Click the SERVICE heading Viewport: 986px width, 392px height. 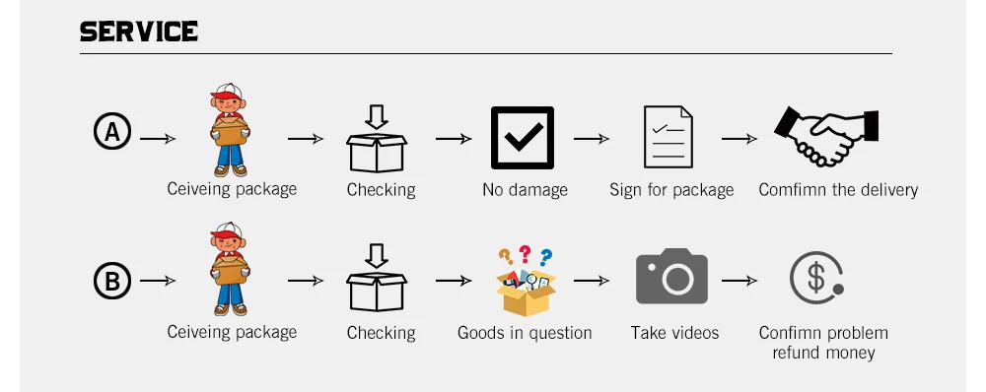(139, 32)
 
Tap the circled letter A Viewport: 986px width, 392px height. (112, 132)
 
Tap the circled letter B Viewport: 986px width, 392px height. (112, 281)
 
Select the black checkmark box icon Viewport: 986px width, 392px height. (523, 138)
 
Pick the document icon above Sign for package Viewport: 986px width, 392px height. (668, 137)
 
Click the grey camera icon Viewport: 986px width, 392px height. (671, 277)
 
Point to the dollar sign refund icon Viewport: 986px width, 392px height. (816, 279)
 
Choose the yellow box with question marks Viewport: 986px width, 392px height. (526, 281)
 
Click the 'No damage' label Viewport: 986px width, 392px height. (526, 190)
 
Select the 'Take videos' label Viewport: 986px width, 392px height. (674, 332)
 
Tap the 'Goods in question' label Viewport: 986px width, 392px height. (525, 333)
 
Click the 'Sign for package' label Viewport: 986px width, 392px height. (671, 190)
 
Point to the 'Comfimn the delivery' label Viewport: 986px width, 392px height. (838, 190)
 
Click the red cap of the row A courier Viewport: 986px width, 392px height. (227, 92)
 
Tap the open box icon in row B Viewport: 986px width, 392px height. (377, 278)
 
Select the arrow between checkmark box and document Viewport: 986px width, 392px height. (591, 138)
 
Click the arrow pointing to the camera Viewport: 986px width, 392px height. (591, 281)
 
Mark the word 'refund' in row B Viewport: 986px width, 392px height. (794, 353)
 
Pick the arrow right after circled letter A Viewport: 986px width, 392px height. (158, 138)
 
